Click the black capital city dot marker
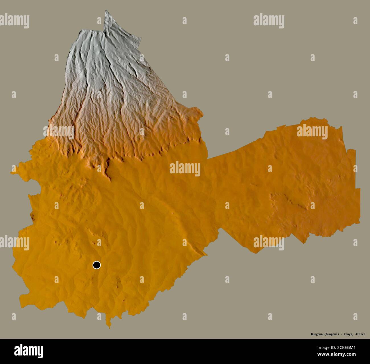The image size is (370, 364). point(97,265)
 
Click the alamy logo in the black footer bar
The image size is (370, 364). point(29,351)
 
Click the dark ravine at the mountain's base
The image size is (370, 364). point(108,168)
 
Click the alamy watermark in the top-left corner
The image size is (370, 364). point(14,21)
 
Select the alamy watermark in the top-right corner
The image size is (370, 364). point(269,21)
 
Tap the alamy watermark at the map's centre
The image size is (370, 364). point(185,169)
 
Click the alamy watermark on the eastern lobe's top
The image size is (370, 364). point(312,132)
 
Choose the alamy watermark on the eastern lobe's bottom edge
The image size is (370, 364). point(269,243)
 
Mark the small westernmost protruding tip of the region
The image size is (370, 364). point(11,172)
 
